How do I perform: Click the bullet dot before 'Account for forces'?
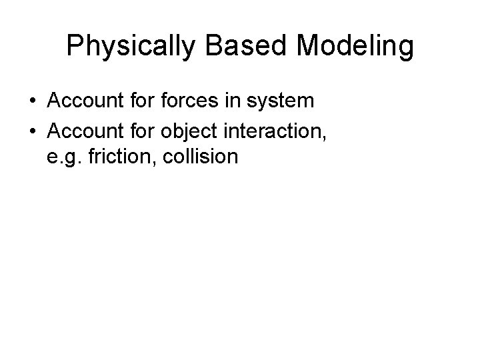[x=33, y=101]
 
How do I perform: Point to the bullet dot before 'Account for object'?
[x=33, y=130]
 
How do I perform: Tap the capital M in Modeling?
[x=309, y=47]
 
